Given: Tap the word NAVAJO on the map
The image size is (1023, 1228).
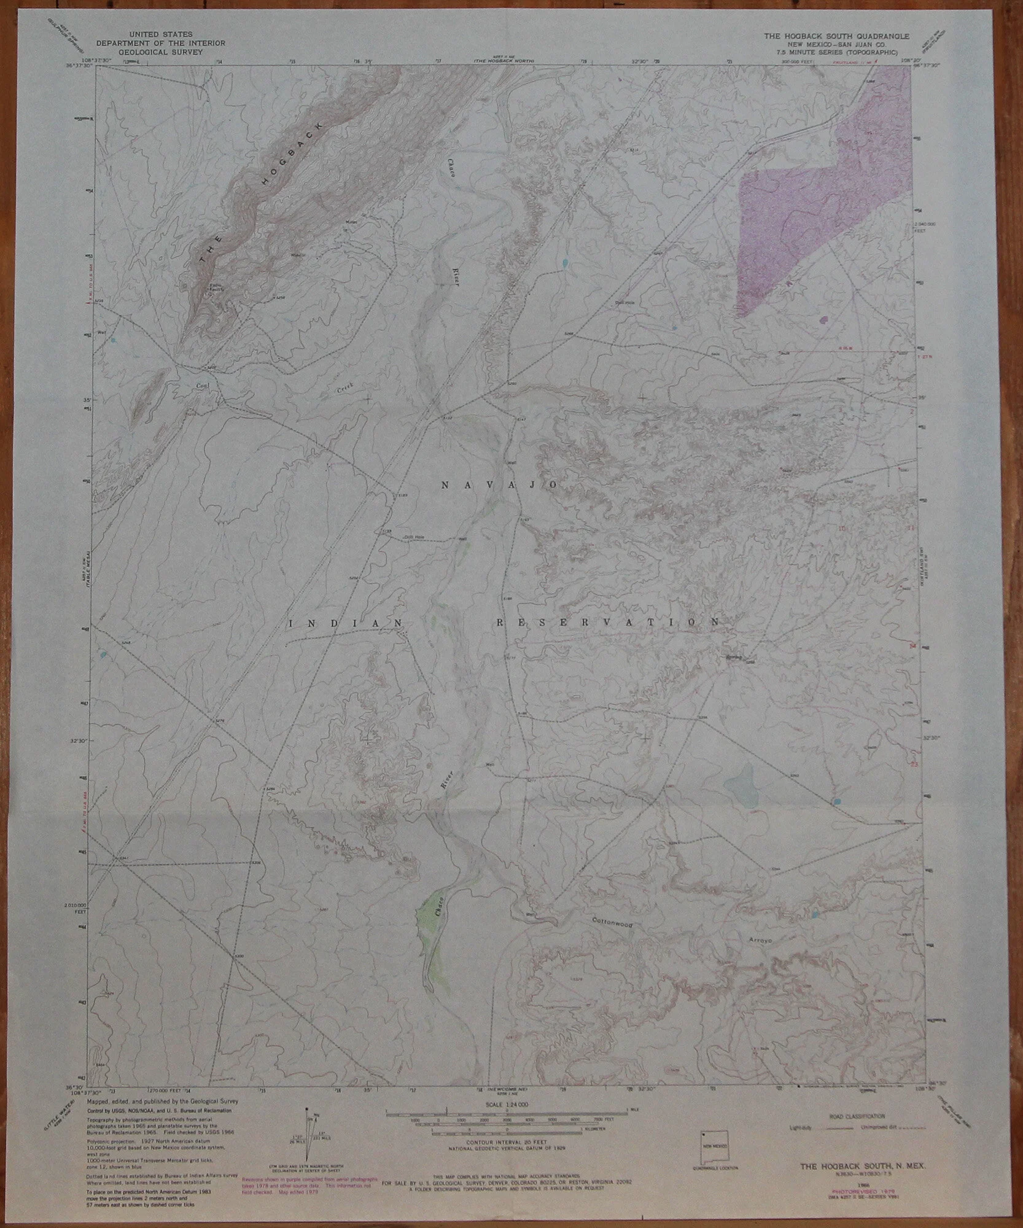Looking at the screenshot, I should (499, 485).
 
